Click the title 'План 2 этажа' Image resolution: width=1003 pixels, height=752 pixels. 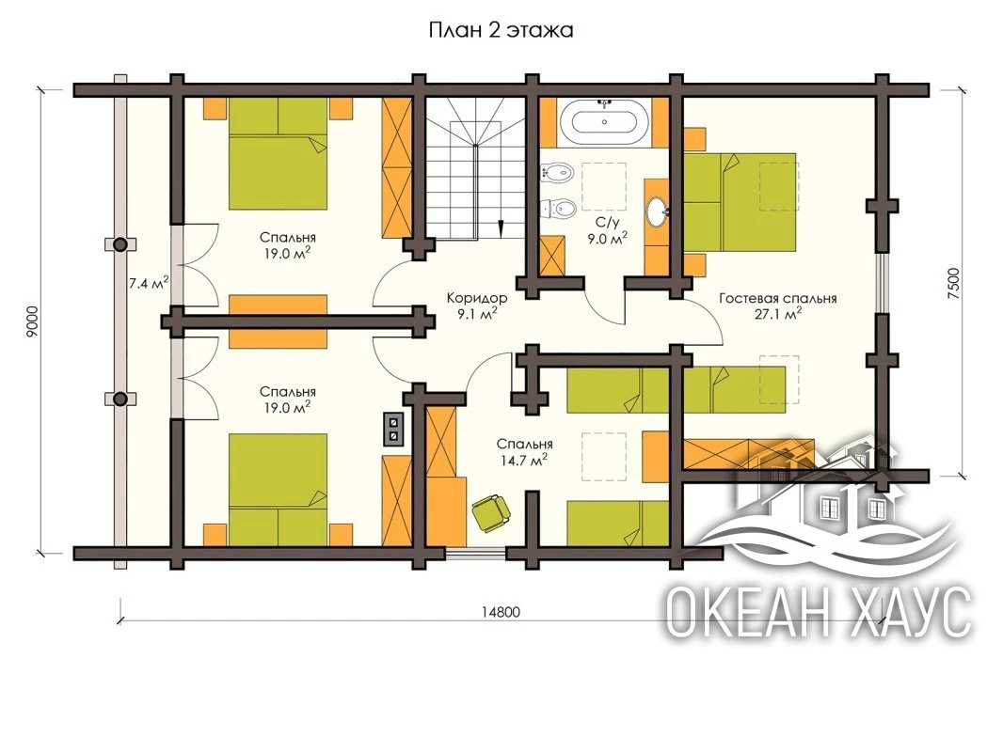point(501,31)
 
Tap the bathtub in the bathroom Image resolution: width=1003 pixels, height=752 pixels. point(604,122)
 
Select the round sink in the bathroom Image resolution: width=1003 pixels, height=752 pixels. point(657,212)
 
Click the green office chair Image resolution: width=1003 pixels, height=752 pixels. point(491,511)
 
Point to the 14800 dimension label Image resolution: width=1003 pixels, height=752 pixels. point(501,611)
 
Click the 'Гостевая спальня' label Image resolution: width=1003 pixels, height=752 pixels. point(778,298)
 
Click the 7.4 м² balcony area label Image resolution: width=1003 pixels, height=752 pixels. point(149,283)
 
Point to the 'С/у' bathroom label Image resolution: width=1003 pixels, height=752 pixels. point(606,223)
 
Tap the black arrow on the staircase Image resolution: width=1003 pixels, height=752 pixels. point(501,227)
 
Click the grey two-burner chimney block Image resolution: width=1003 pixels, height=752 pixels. point(393,429)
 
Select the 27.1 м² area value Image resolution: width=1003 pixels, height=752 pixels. point(779,314)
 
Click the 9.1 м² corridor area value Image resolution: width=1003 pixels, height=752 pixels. point(476,314)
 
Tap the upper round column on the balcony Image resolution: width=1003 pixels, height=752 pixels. point(119,244)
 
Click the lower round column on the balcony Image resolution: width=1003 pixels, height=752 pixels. point(119,399)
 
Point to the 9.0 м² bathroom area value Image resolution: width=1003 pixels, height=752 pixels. point(606,239)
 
